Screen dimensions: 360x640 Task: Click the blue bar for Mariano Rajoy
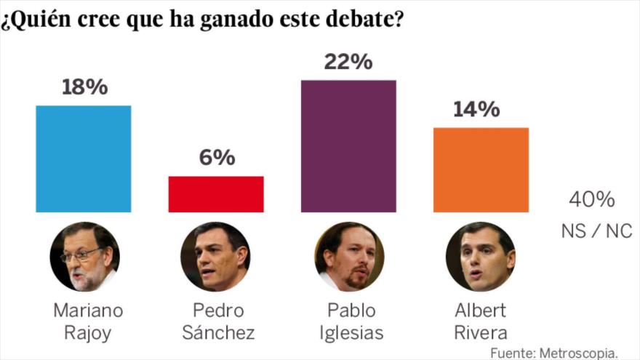pos(84,159)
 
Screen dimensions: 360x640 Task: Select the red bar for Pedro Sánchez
pos(216,194)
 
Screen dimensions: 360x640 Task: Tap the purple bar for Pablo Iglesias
pos(348,146)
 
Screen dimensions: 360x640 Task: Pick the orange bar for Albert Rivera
pos(481,170)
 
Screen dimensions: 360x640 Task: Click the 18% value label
pos(84,87)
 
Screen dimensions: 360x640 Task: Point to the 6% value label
pos(216,157)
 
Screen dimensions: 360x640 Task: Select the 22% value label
pos(348,62)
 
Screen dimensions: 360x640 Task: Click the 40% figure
pos(591,199)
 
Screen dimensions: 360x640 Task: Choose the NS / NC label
pos(596,231)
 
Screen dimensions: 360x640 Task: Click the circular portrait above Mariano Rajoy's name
pos(84,257)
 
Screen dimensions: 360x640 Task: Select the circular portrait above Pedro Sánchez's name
pos(215,257)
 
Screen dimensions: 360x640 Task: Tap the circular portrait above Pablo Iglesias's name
pos(349,257)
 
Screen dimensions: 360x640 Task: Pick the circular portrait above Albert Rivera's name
pos(480,257)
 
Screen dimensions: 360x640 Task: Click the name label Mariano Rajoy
pos(88,321)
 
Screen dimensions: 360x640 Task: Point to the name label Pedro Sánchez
pos(219,321)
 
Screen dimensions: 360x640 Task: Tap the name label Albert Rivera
pos(481,321)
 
